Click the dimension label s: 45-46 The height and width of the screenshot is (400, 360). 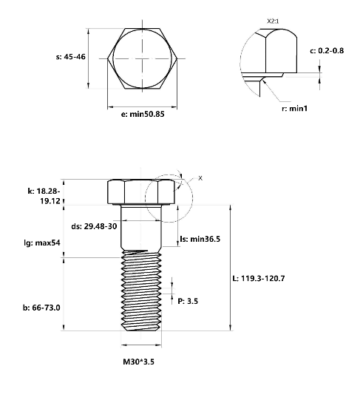[71, 57]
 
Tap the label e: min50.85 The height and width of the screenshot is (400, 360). [143, 114]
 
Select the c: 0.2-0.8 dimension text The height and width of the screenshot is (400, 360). [327, 50]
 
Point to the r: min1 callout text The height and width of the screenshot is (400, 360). [295, 109]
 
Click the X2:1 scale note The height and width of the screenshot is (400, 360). [273, 21]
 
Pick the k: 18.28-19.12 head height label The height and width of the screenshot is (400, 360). [44, 196]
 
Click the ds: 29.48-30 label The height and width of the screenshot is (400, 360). [94, 226]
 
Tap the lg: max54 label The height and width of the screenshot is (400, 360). [42, 243]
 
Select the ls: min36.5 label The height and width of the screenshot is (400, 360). [200, 239]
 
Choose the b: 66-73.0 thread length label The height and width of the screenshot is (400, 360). [41, 308]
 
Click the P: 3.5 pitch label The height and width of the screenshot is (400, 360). [188, 301]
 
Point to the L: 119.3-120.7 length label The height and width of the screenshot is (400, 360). [259, 278]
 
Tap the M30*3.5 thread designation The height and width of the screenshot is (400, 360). [138, 362]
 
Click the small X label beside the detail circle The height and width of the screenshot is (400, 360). [200, 178]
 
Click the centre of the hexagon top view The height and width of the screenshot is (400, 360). [142, 58]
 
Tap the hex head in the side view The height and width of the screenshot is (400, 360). [141, 191]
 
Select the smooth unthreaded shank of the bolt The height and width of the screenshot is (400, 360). [141, 227]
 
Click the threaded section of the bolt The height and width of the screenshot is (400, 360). [141, 291]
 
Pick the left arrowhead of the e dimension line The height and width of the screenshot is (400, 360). [110, 107]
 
